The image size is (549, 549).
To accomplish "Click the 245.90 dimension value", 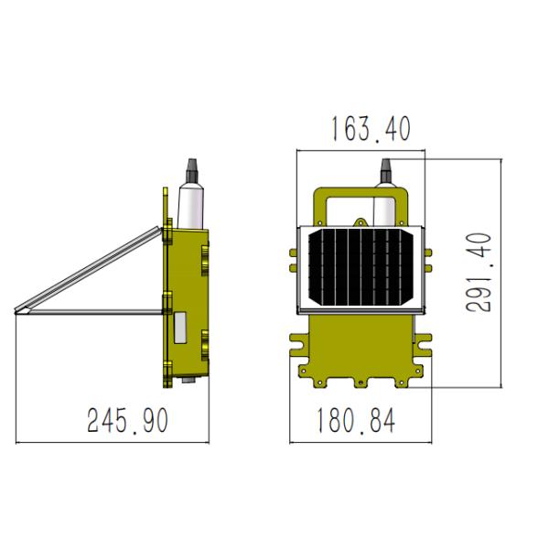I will [128, 421].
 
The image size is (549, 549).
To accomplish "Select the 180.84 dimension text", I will [357, 421].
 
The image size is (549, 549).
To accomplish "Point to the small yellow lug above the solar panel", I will [363, 221].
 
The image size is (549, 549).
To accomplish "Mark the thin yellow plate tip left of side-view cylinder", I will [166, 197].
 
